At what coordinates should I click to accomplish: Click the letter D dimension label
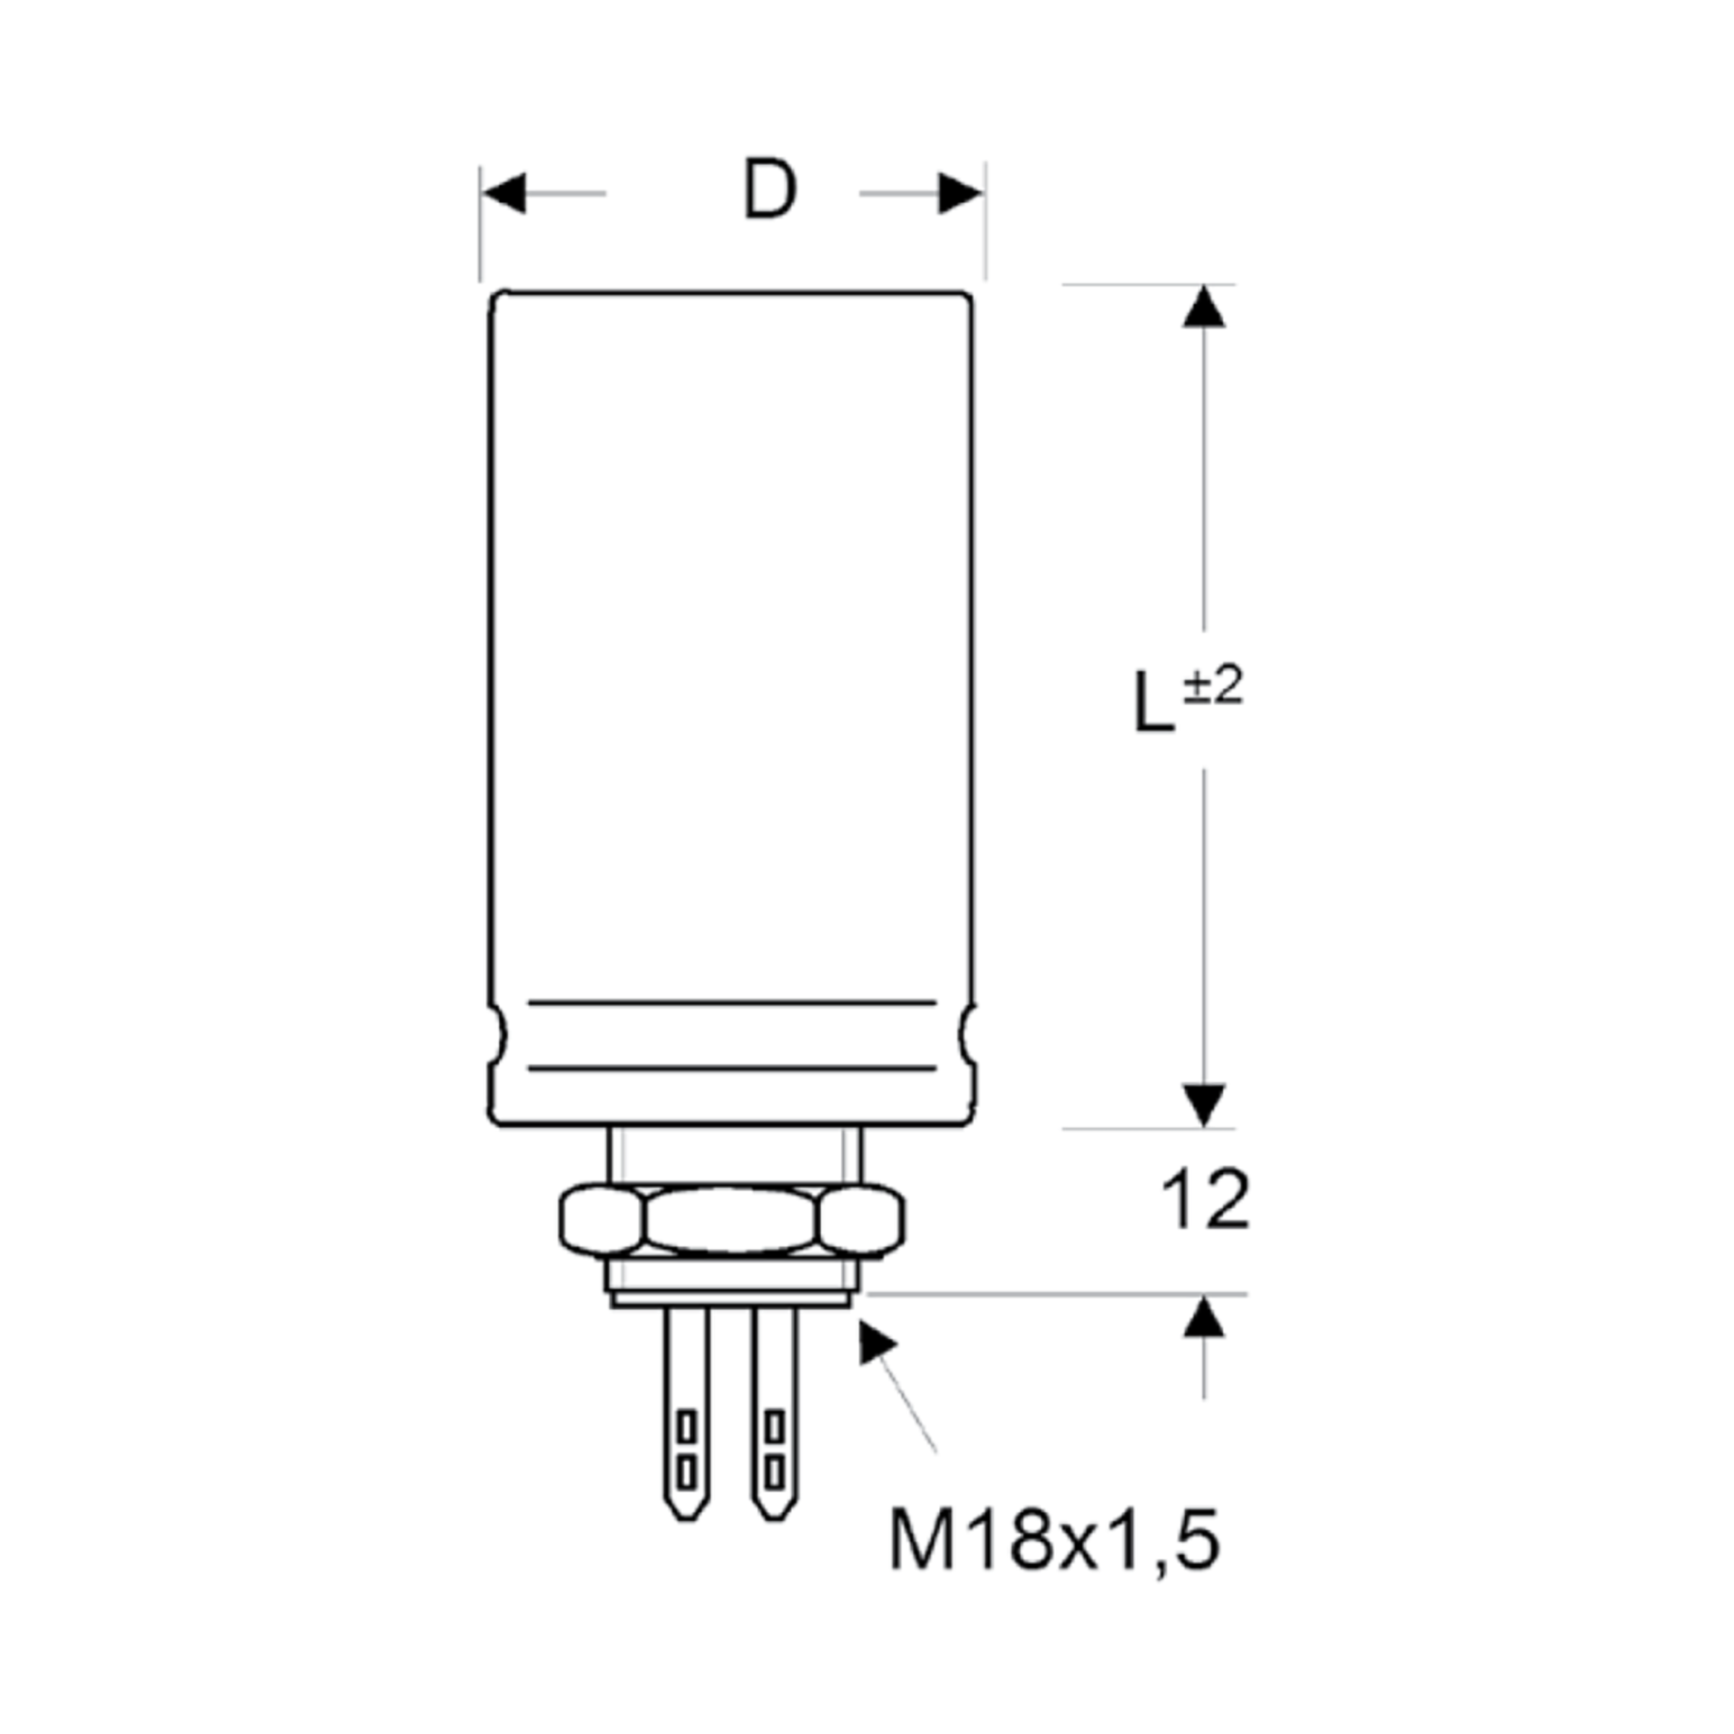coord(770,190)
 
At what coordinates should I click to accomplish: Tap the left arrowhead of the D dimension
coord(504,193)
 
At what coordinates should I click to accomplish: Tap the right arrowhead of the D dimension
coord(960,193)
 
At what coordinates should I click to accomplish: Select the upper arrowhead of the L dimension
coord(1204,307)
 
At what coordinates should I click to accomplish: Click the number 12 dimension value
coord(1205,1200)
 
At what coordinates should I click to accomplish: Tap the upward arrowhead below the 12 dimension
coord(1204,1316)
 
